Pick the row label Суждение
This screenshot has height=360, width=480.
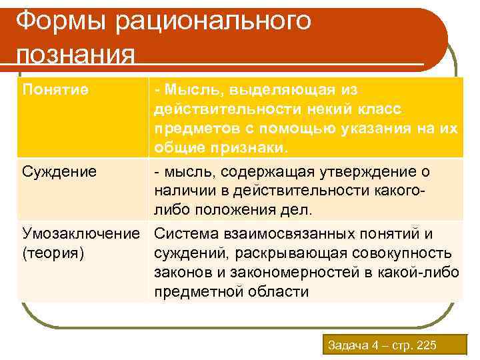59,172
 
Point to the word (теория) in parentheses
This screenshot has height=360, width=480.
53,253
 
